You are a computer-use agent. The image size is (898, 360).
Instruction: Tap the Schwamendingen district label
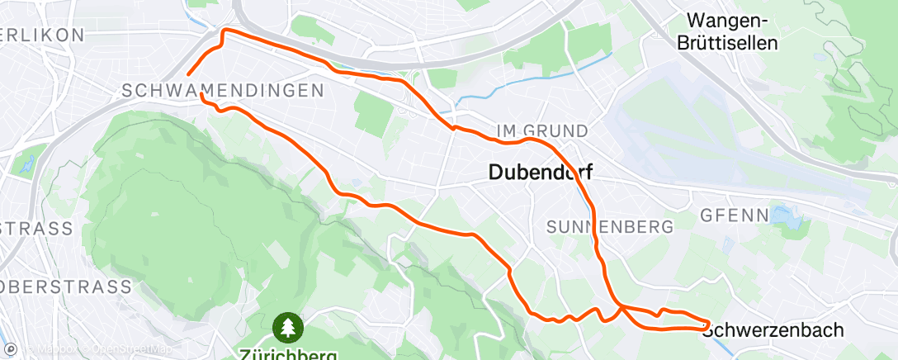click(221, 90)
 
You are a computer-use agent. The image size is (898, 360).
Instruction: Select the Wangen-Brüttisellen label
click(731, 31)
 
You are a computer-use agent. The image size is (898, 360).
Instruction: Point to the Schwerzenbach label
click(773, 329)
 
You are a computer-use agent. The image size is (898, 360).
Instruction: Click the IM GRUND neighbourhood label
click(543, 130)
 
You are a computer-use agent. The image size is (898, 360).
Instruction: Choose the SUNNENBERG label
click(610, 225)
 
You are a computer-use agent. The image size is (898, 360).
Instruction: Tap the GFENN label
click(729, 216)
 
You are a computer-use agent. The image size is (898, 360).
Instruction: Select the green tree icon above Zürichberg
click(288, 328)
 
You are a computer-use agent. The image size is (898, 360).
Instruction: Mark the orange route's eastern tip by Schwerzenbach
click(708, 323)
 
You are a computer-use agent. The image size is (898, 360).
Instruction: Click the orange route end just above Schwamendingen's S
click(190, 73)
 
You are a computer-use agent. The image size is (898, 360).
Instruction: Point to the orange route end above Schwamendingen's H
click(202, 96)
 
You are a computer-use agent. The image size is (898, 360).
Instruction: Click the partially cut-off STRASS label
click(36, 227)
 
